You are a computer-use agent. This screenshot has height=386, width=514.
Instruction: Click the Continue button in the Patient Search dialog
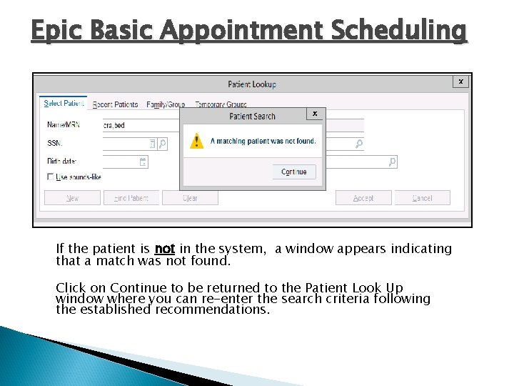[x=293, y=172]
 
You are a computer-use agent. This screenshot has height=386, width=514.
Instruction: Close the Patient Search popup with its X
[x=315, y=114]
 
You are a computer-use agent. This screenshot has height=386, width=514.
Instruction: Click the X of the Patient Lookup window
[x=461, y=82]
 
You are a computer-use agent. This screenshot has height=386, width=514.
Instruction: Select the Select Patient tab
[x=64, y=104]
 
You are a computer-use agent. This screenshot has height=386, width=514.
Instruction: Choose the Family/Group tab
[x=166, y=104]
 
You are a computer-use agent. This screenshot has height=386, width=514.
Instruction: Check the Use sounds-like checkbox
[x=51, y=177]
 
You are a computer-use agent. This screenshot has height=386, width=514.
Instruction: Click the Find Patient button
[x=131, y=198]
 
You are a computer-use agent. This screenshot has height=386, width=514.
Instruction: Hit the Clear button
[x=190, y=198]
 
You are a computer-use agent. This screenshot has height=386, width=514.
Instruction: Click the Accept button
[x=363, y=198]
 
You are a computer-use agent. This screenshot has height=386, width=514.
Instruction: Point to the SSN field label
[x=55, y=144]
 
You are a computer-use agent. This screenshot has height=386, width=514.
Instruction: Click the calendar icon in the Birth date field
[x=143, y=162]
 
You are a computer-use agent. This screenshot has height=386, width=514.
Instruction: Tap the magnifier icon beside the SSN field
[x=163, y=144]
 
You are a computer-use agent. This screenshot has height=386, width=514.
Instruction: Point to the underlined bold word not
[x=164, y=249]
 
